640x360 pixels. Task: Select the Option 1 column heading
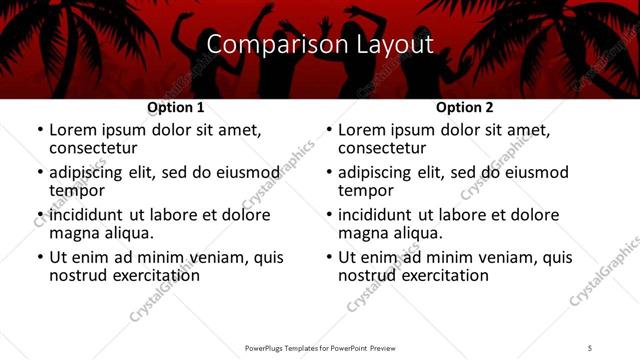[x=176, y=107]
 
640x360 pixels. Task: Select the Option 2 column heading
[x=465, y=107]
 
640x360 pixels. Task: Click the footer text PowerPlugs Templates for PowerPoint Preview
[x=319, y=348]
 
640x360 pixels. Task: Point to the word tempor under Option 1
[x=77, y=190]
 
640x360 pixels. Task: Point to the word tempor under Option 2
[x=366, y=190]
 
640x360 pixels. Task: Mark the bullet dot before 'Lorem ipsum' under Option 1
[x=39, y=130]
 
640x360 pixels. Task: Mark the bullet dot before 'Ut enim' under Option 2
[x=329, y=257]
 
